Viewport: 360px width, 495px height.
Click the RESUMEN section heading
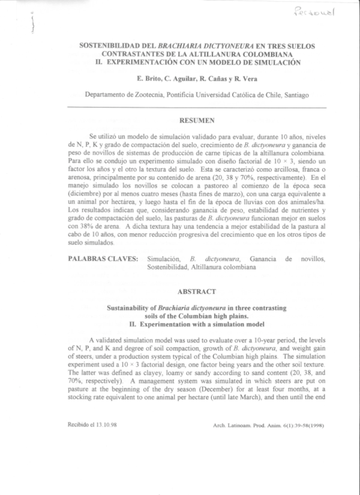196,121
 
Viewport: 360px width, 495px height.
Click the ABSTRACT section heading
196,292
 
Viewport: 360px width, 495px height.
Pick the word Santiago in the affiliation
294,95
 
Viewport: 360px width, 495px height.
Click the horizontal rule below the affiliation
196,107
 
